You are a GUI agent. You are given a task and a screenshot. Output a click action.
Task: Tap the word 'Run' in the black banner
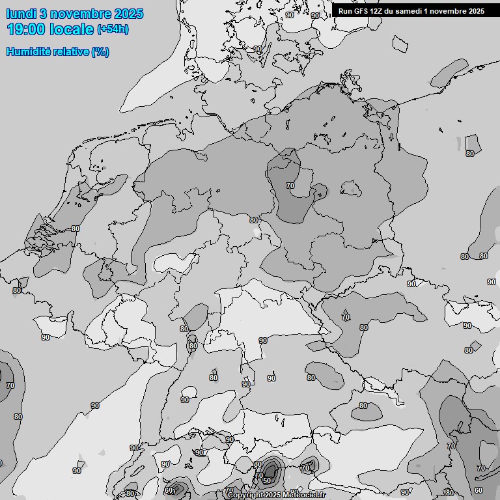coord(345,11)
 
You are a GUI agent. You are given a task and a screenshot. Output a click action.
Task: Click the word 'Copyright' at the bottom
coord(246,495)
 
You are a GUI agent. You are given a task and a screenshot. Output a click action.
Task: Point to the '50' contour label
coord(267,480)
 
